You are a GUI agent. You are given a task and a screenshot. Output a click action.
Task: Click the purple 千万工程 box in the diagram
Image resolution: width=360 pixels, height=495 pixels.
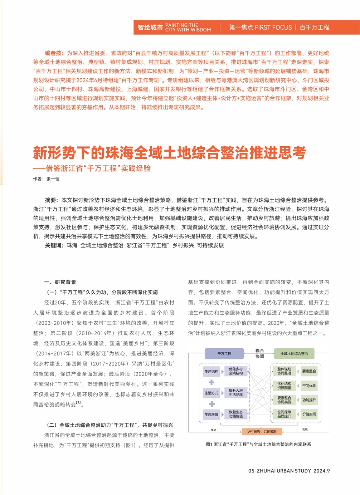point(224,354)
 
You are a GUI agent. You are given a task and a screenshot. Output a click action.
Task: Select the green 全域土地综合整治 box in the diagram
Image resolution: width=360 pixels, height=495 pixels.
point(294,354)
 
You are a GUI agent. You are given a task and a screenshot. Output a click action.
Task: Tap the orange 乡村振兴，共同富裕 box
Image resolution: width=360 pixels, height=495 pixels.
point(262,432)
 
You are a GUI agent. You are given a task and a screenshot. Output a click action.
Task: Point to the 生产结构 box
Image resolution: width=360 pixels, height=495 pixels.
point(211,372)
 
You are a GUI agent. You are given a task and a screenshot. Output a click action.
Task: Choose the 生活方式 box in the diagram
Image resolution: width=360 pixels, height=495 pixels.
point(211,393)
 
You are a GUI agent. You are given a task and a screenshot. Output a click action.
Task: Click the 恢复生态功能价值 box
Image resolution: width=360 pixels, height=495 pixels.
point(236,414)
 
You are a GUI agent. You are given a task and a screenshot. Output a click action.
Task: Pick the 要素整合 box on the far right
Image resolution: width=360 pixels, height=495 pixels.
point(309,371)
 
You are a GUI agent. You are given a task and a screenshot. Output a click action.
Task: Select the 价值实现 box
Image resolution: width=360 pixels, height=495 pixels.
point(309,414)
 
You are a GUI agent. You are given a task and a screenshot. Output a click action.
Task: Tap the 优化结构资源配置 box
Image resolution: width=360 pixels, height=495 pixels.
point(284,386)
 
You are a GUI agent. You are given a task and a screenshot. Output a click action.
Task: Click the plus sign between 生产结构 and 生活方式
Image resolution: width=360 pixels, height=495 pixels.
point(211,382)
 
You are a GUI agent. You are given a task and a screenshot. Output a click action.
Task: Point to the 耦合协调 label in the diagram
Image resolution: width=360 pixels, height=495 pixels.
point(259,353)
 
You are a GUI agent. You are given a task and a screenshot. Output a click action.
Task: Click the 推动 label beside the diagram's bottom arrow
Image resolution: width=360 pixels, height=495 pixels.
point(214,430)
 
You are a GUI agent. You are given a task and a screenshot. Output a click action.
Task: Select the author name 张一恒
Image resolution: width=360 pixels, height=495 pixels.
point(53,179)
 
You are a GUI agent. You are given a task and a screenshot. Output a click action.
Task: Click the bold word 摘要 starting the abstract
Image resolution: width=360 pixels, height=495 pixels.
point(51,200)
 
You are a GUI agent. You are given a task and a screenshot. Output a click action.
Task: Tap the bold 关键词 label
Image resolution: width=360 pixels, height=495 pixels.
point(54,245)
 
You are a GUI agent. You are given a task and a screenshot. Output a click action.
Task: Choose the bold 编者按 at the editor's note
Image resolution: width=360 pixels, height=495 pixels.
point(54,53)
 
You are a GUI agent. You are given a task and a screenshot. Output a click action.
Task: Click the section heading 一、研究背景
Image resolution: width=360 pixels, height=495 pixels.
point(60,282)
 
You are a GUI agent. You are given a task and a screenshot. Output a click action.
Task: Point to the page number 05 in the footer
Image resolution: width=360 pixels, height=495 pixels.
point(251,471)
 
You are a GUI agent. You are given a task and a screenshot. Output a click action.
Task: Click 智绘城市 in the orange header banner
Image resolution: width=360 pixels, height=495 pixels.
point(150,28)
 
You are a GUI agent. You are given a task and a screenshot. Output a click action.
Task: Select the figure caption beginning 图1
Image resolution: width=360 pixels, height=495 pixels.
point(258,444)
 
